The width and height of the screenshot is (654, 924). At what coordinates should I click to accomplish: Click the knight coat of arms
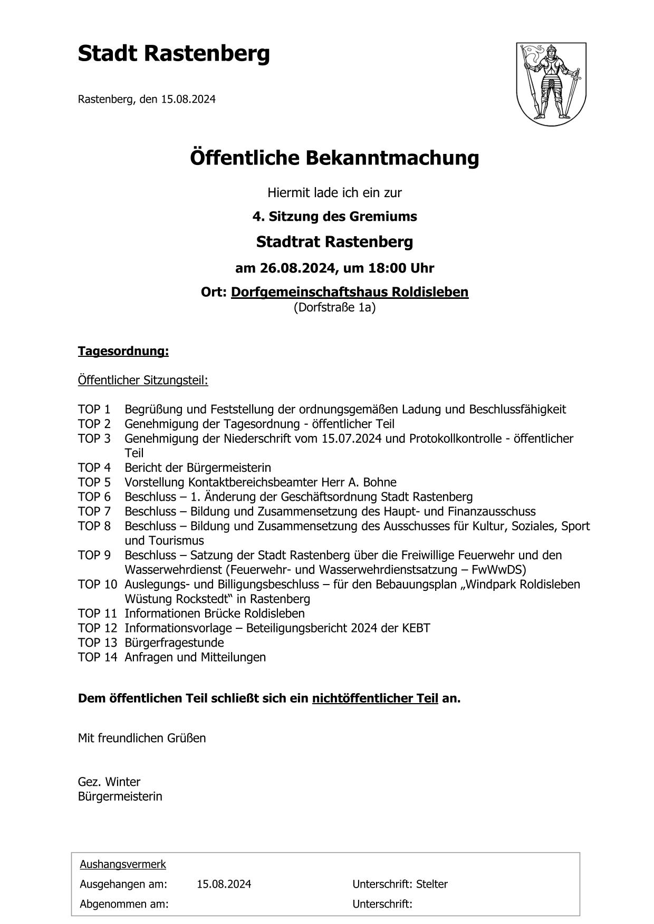[551, 84]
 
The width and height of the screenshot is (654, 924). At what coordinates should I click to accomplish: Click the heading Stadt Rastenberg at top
[174, 54]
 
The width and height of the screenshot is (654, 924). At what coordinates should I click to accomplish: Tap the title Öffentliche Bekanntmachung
[334, 158]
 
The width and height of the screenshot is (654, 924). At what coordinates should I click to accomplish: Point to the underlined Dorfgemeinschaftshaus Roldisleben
[349, 291]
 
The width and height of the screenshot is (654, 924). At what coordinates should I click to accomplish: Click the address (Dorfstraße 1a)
[334, 307]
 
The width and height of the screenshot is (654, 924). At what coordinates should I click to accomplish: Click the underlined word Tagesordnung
[123, 351]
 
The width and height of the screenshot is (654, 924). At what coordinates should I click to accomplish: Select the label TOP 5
[94, 482]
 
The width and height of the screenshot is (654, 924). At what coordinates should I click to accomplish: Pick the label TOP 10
[98, 584]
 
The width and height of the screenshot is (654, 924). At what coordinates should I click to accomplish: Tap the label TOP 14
[98, 657]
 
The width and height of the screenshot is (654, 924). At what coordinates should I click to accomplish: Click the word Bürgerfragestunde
[174, 643]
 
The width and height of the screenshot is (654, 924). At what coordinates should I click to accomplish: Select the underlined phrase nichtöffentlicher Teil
[375, 698]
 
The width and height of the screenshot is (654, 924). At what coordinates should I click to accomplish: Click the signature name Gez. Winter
[109, 782]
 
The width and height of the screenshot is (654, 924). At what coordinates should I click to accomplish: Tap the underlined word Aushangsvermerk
[123, 864]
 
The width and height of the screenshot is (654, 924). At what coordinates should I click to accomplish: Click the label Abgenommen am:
[124, 904]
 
